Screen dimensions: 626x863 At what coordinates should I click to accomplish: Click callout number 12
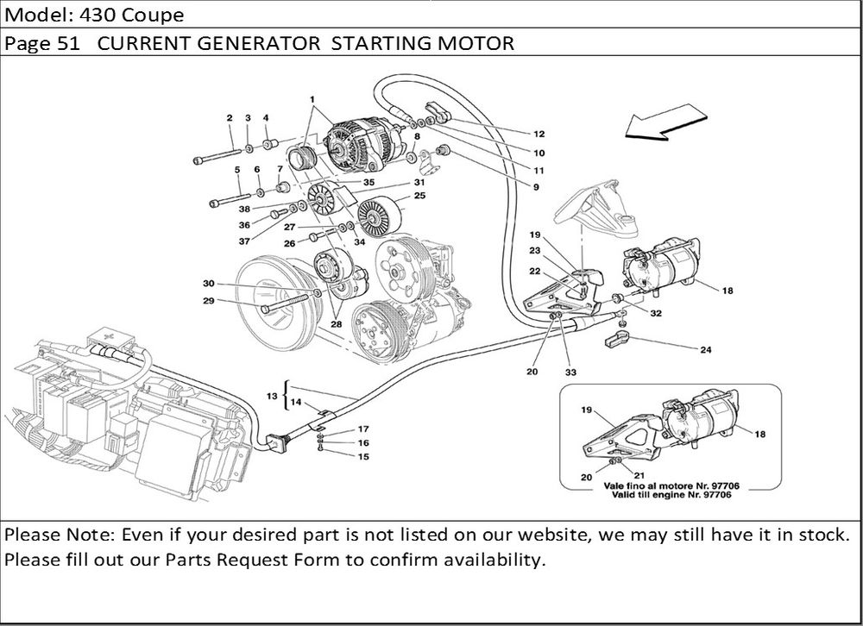(539, 135)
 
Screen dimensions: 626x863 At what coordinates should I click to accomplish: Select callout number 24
(706, 350)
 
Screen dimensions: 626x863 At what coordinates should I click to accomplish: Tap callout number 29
(209, 301)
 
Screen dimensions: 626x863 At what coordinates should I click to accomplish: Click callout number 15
(363, 456)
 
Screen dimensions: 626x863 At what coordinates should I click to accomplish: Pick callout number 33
(570, 373)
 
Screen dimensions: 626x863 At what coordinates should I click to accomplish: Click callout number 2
(230, 117)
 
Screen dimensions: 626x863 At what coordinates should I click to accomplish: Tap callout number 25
(420, 196)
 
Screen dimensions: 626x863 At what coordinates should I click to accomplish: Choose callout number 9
(535, 187)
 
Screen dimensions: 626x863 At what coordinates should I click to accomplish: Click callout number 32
(656, 314)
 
